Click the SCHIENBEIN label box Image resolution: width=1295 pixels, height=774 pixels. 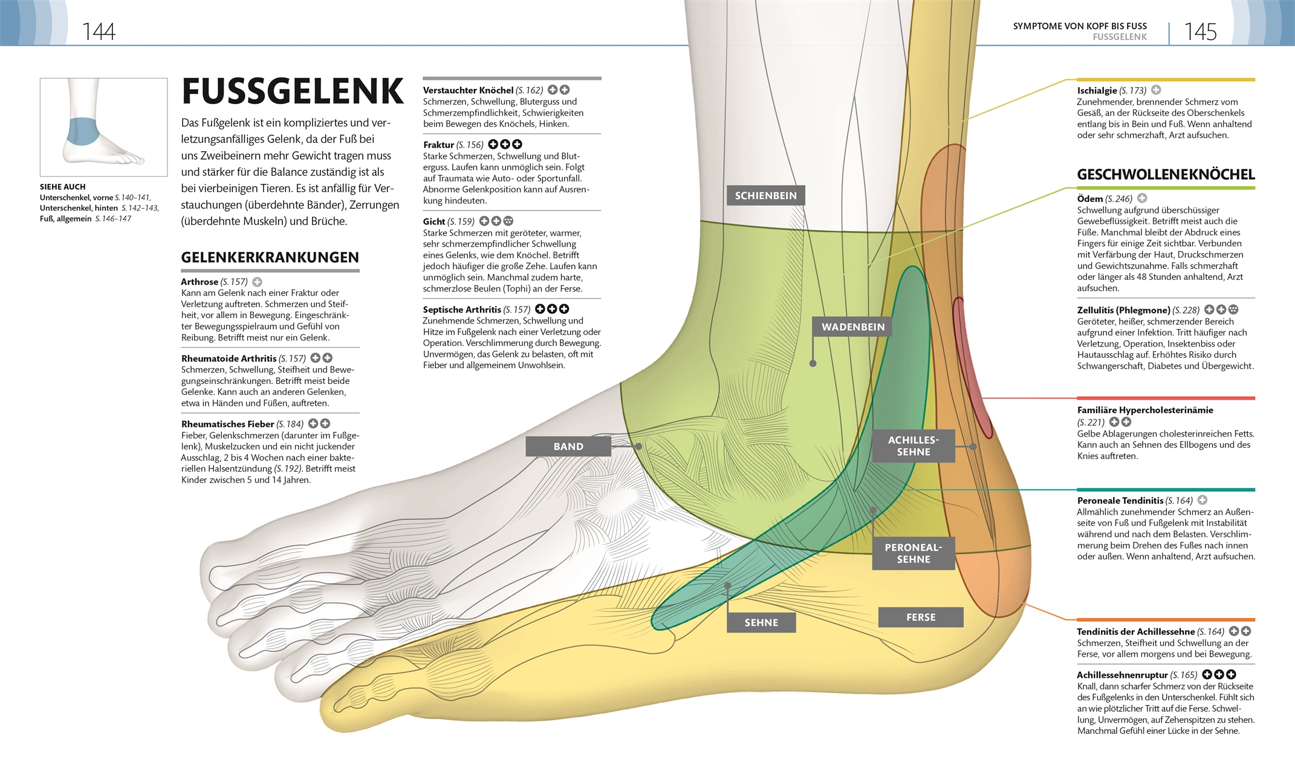tap(765, 195)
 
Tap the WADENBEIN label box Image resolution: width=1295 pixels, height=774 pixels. tap(852, 327)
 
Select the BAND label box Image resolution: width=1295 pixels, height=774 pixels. tap(568, 446)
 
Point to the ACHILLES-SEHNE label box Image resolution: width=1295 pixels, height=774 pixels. tap(913, 446)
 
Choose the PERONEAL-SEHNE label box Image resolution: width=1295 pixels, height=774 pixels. tap(913, 553)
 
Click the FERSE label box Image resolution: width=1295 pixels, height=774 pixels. tap(920, 617)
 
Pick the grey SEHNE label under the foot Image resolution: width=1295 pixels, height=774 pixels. tap(761, 622)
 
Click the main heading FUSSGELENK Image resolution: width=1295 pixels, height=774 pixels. tap(293, 91)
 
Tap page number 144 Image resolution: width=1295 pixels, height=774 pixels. tap(99, 31)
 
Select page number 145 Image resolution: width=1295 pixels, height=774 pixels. tap(1200, 31)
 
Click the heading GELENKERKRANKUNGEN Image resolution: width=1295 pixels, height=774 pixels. tap(270, 258)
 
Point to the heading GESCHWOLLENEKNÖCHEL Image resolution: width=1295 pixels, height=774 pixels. tap(1166, 175)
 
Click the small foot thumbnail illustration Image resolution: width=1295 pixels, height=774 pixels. tap(103, 127)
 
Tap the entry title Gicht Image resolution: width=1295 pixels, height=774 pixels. tap(434, 222)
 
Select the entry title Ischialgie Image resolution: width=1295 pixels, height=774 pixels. tap(1097, 91)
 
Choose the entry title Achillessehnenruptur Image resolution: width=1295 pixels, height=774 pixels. tap(1122, 675)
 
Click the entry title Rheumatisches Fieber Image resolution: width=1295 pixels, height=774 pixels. tap(227, 424)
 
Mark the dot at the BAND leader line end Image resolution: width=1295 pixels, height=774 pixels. tap(638, 446)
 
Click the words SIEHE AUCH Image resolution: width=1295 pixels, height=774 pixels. tap(63, 187)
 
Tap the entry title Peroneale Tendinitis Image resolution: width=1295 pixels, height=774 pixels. tap(1120, 501)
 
